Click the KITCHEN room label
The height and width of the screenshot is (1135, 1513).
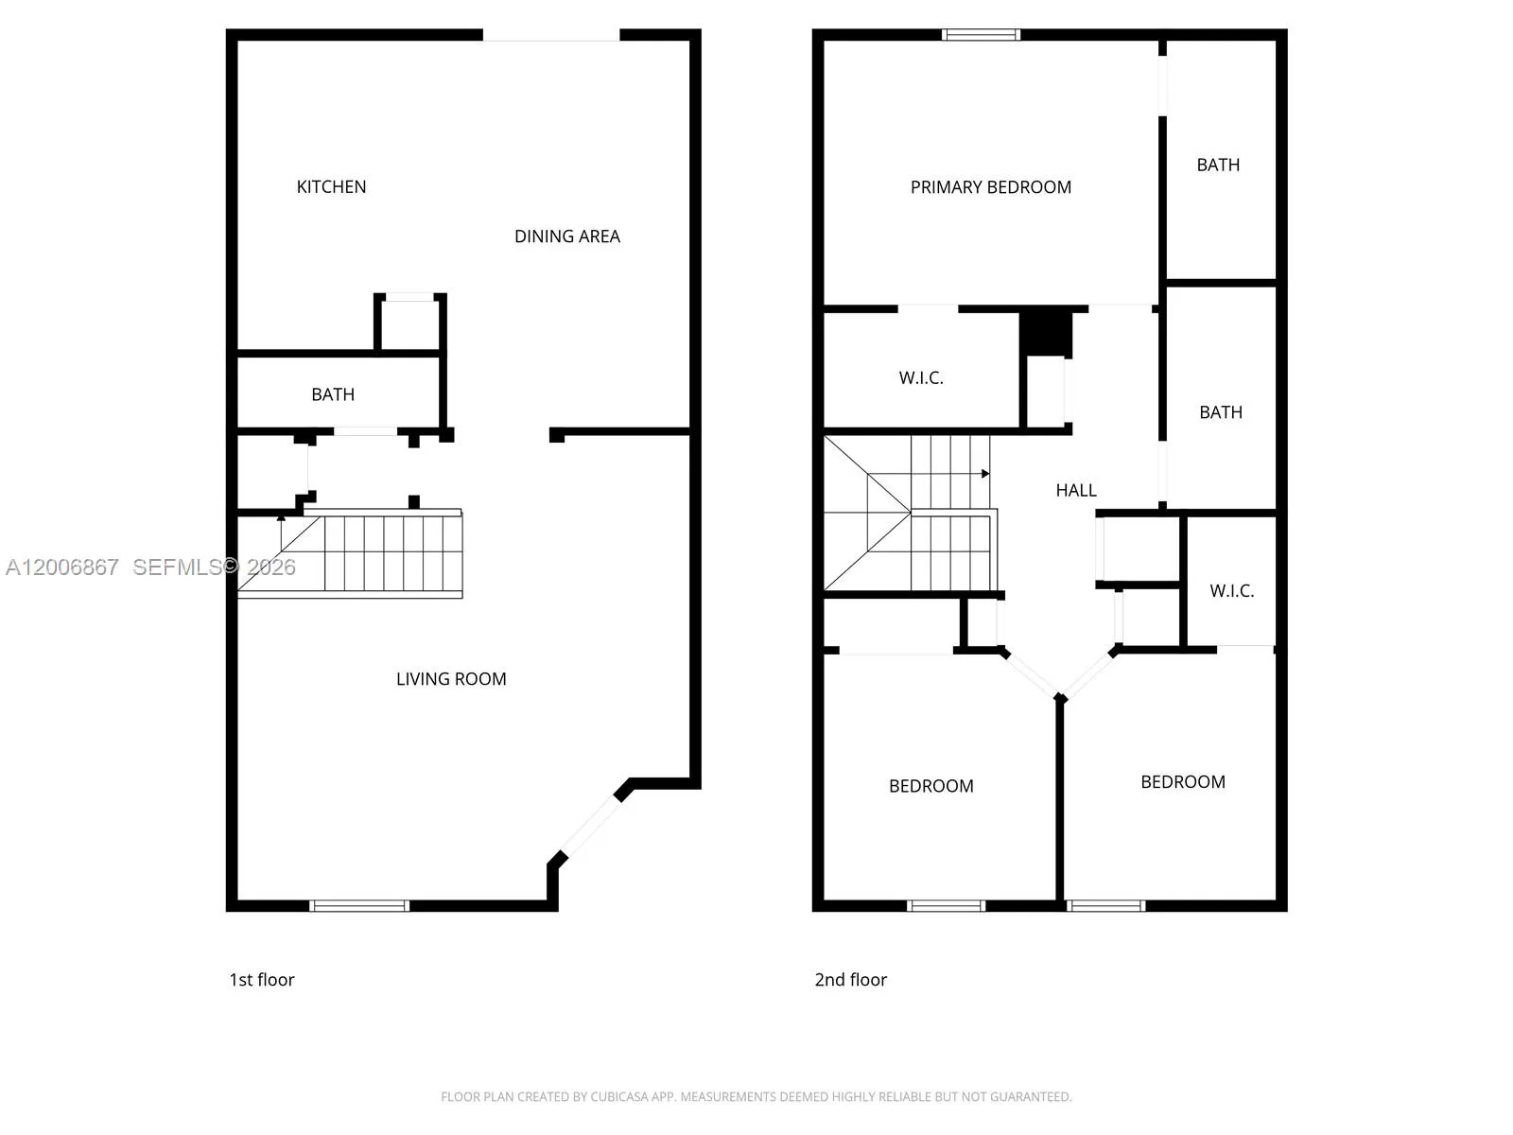[x=331, y=186]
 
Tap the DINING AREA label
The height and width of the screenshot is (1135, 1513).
[x=566, y=236]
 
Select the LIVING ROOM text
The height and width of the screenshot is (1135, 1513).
[x=451, y=679]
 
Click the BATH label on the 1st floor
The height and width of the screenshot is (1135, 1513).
[x=333, y=394]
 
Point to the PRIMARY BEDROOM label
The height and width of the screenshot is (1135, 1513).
[x=990, y=187]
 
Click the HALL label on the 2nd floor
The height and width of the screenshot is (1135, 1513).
[x=1076, y=490]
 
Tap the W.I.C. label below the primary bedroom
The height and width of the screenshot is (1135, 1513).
[x=921, y=378]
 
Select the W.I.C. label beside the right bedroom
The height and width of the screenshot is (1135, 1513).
[x=1231, y=591]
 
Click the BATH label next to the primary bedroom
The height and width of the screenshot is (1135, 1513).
[x=1218, y=165]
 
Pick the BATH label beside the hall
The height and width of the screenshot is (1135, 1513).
[x=1221, y=412]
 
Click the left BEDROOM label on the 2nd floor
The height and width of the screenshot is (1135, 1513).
[x=930, y=786]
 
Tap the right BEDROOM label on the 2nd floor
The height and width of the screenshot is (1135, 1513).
[x=1182, y=782]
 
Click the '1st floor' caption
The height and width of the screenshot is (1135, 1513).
[x=262, y=980]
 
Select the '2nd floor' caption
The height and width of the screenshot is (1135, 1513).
[x=850, y=980]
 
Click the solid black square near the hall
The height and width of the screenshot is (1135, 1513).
[x=1046, y=332]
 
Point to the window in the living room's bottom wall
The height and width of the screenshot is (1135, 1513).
[x=359, y=906]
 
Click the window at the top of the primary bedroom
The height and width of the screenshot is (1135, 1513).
[x=981, y=35]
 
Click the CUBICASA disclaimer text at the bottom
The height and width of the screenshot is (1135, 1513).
[x=756, y=1097]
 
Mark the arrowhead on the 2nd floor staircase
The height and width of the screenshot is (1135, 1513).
[x=985, y=473]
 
